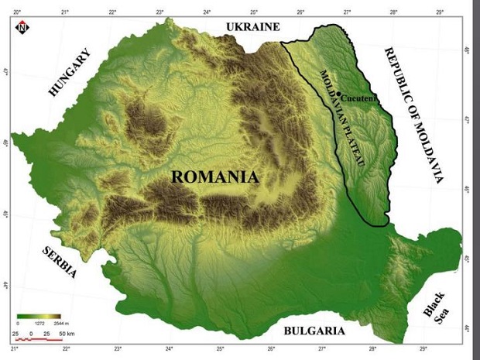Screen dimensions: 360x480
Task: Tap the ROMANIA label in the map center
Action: pos(214,177)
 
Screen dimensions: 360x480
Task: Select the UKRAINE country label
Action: pos(252,27)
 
